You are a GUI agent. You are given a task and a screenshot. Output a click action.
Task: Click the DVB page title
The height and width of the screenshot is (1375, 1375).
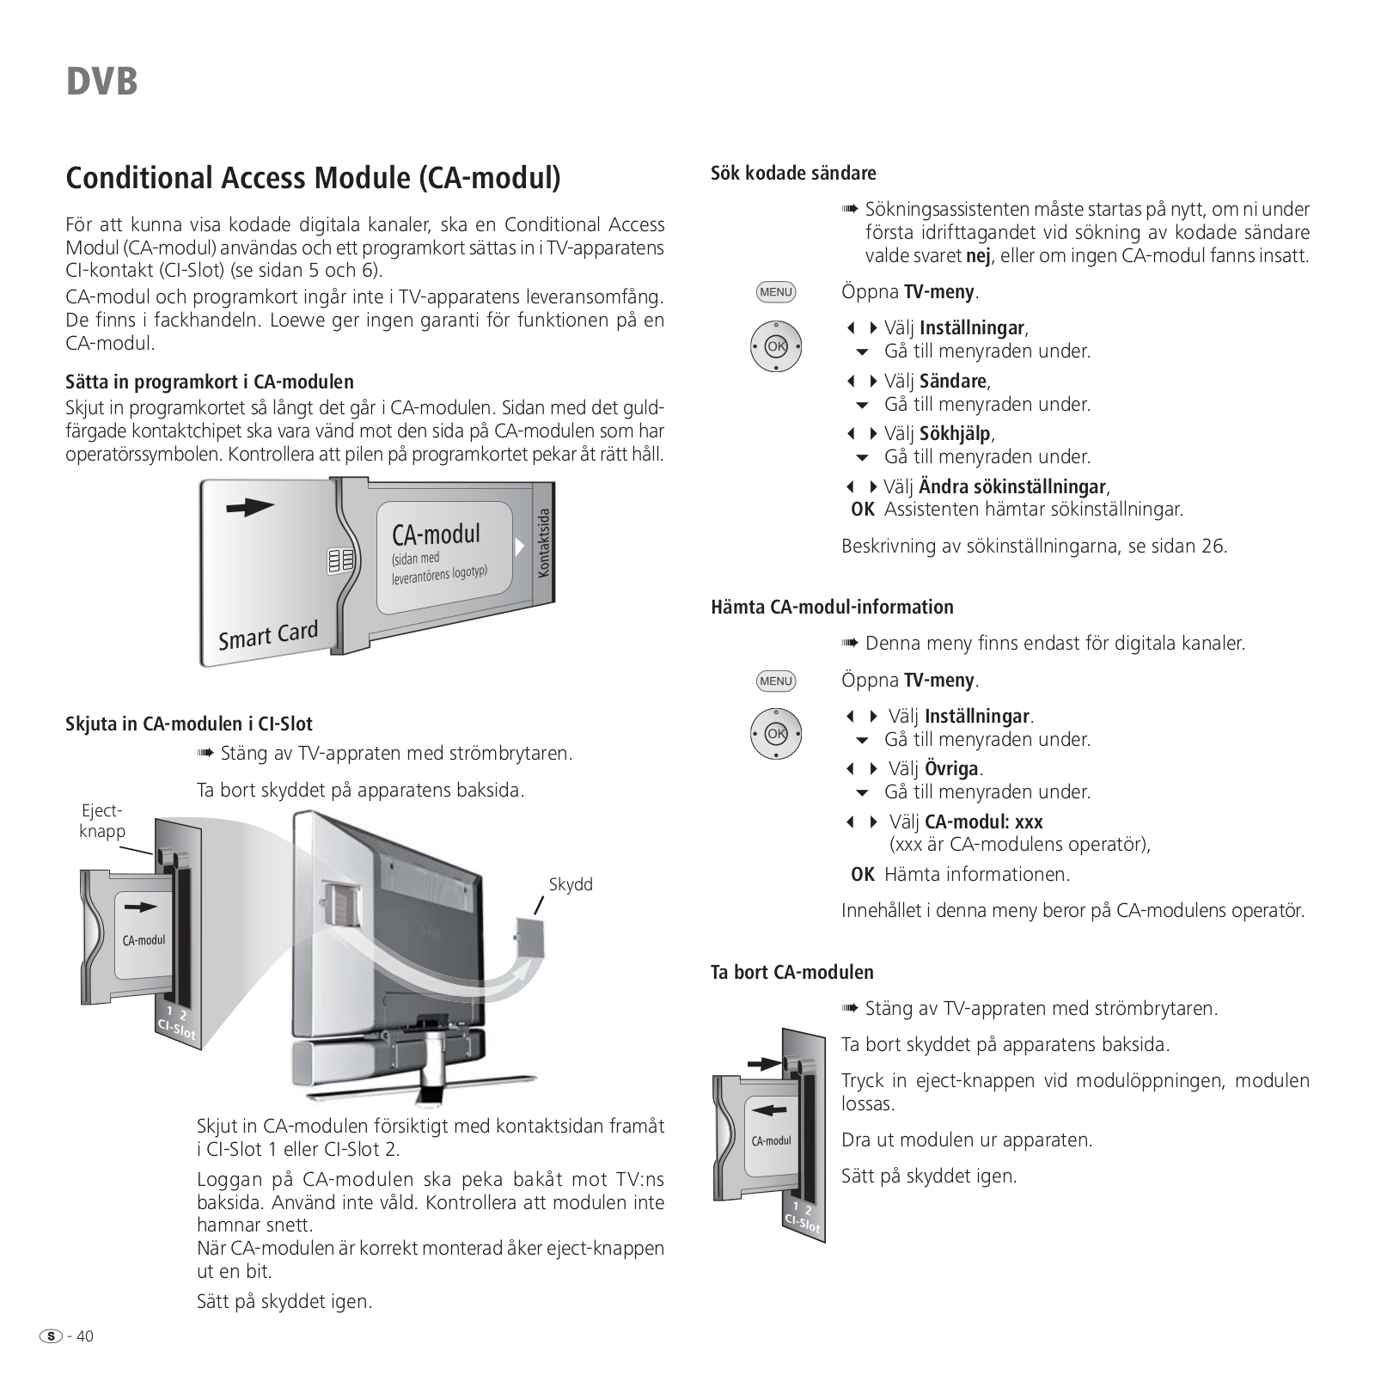pos(101,82)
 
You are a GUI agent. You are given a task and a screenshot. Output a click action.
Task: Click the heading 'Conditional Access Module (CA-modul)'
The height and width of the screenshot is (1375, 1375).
pos(313,178)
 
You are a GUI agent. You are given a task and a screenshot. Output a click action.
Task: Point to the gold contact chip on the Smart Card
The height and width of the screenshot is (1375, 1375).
pos(340,561)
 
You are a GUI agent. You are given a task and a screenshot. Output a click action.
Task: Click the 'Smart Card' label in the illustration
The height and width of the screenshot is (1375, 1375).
pos(268,636)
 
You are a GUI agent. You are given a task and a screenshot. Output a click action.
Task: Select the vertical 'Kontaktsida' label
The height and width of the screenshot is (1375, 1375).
pos(542,542)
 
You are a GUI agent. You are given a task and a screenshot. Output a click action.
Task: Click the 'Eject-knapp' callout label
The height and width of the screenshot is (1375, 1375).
pos(102,821)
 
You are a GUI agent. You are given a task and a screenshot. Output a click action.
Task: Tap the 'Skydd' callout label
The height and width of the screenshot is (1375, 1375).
pos(571,884)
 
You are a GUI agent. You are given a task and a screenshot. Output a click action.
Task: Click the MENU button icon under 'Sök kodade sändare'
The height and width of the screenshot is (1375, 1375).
pos(776,292)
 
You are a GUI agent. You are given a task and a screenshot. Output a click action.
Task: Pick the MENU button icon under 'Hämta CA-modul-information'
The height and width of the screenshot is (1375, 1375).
pos(776,681)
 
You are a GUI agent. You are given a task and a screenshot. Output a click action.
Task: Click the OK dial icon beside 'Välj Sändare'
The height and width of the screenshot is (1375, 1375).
pos(776,346)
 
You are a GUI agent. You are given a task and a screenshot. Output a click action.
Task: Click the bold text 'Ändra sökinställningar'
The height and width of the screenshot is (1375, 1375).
pos(1012,486)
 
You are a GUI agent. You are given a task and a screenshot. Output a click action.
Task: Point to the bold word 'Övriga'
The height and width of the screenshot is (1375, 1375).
pos(952,768)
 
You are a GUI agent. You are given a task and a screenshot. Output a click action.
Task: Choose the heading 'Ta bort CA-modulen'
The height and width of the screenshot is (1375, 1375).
pos(791,972)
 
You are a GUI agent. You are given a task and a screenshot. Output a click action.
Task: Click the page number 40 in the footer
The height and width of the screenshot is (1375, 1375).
pos(85,1336)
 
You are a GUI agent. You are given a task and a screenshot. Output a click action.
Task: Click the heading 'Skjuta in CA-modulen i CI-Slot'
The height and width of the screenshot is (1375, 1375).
pos(189,724)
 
